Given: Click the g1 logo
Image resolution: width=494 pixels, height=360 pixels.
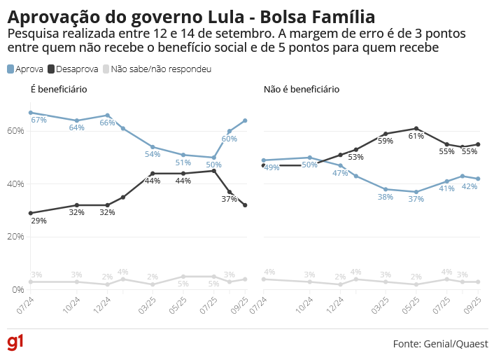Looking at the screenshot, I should [x=15, y=342].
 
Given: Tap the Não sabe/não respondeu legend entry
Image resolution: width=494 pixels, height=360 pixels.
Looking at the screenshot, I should [x=157, y=69].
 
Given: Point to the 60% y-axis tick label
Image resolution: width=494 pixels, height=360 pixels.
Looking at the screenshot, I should [x=16, y=131].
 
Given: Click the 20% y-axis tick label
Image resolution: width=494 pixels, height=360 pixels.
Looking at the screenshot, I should [x=16, y=237].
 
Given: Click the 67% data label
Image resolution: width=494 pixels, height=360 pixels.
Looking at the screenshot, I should [x=39, y=120].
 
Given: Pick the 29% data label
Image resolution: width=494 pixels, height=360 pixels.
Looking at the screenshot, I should [x=39, y=221].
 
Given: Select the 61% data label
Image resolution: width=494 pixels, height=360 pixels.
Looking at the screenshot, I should [x=416, y=137].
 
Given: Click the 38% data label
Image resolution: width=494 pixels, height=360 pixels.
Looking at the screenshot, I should [x=385, y=198].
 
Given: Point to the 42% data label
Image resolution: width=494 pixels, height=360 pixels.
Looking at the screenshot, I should [x=470, y=187].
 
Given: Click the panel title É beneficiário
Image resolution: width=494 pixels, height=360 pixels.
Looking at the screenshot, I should [x=58, y=90].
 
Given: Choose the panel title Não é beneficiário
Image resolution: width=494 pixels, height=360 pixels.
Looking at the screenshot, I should [x=301, y=90].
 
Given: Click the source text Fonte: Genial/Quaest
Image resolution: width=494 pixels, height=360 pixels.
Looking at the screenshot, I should [x=440, y=344].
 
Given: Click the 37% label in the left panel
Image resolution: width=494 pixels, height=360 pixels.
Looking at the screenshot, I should [x=230, y=200].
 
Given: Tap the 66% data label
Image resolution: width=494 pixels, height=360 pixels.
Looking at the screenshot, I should [x=107, y=123].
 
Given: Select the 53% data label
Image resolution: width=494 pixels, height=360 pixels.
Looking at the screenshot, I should [x=355, y=158].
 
